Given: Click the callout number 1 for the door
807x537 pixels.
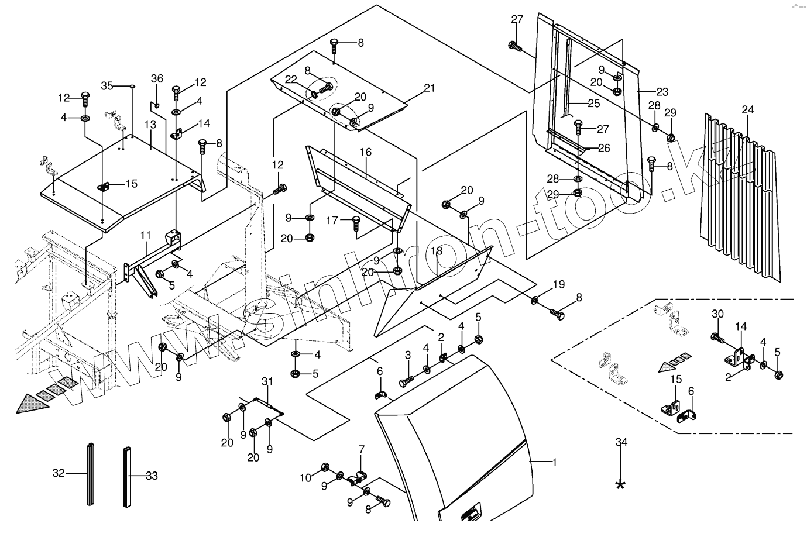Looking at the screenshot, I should pos(555,462).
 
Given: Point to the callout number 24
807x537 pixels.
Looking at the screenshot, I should pos(748,109).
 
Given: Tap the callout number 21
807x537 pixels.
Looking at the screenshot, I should pos(430,88).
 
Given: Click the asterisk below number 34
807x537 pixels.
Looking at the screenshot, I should pos(621,484).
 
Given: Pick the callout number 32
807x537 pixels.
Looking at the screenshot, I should pos(59,473).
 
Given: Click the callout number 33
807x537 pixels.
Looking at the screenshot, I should pos(152,476).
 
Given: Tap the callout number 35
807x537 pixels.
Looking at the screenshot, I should pos(107,85).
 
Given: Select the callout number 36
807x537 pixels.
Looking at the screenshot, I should pos(157,78).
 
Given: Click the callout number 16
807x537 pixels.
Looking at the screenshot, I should pos(366,153).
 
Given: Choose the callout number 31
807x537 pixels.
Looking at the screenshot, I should pos(267,382).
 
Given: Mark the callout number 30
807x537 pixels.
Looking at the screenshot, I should pos(718,314).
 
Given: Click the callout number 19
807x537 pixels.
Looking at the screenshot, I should pos(559,285).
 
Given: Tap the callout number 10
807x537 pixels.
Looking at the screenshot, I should pos(306,478).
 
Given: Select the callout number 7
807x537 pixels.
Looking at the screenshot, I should pos(362,450).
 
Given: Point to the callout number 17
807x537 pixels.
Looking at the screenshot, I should pos(332,221).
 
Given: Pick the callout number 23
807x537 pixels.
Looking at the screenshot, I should pos(662,92).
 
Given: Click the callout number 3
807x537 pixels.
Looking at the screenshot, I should pos(408,356).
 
